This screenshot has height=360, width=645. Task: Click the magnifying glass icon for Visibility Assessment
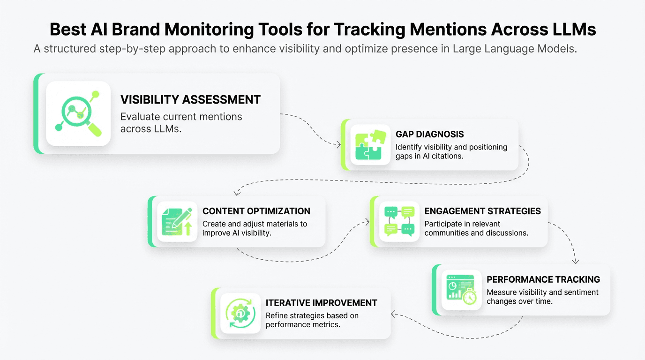[78, 113]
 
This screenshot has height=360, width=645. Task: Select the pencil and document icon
[177, 221]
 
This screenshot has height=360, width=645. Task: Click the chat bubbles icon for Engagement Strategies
[399, 221]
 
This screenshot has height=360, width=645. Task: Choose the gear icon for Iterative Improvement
[240, 313]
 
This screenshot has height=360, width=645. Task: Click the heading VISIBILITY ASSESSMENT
[190, 99]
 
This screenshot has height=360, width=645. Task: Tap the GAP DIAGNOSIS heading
[429, 135]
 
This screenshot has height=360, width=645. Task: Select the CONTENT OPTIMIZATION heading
[256, 211]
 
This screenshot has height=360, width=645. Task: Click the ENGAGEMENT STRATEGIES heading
[482, 211]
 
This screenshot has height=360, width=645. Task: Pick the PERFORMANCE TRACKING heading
[543, 279]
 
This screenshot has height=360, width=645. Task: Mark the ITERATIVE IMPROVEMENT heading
[322, 303]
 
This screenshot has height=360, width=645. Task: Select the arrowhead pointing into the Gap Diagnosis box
[338, 145]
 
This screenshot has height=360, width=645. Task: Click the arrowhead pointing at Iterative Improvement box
[393, 314]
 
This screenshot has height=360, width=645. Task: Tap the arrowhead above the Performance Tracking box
[576, 261]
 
